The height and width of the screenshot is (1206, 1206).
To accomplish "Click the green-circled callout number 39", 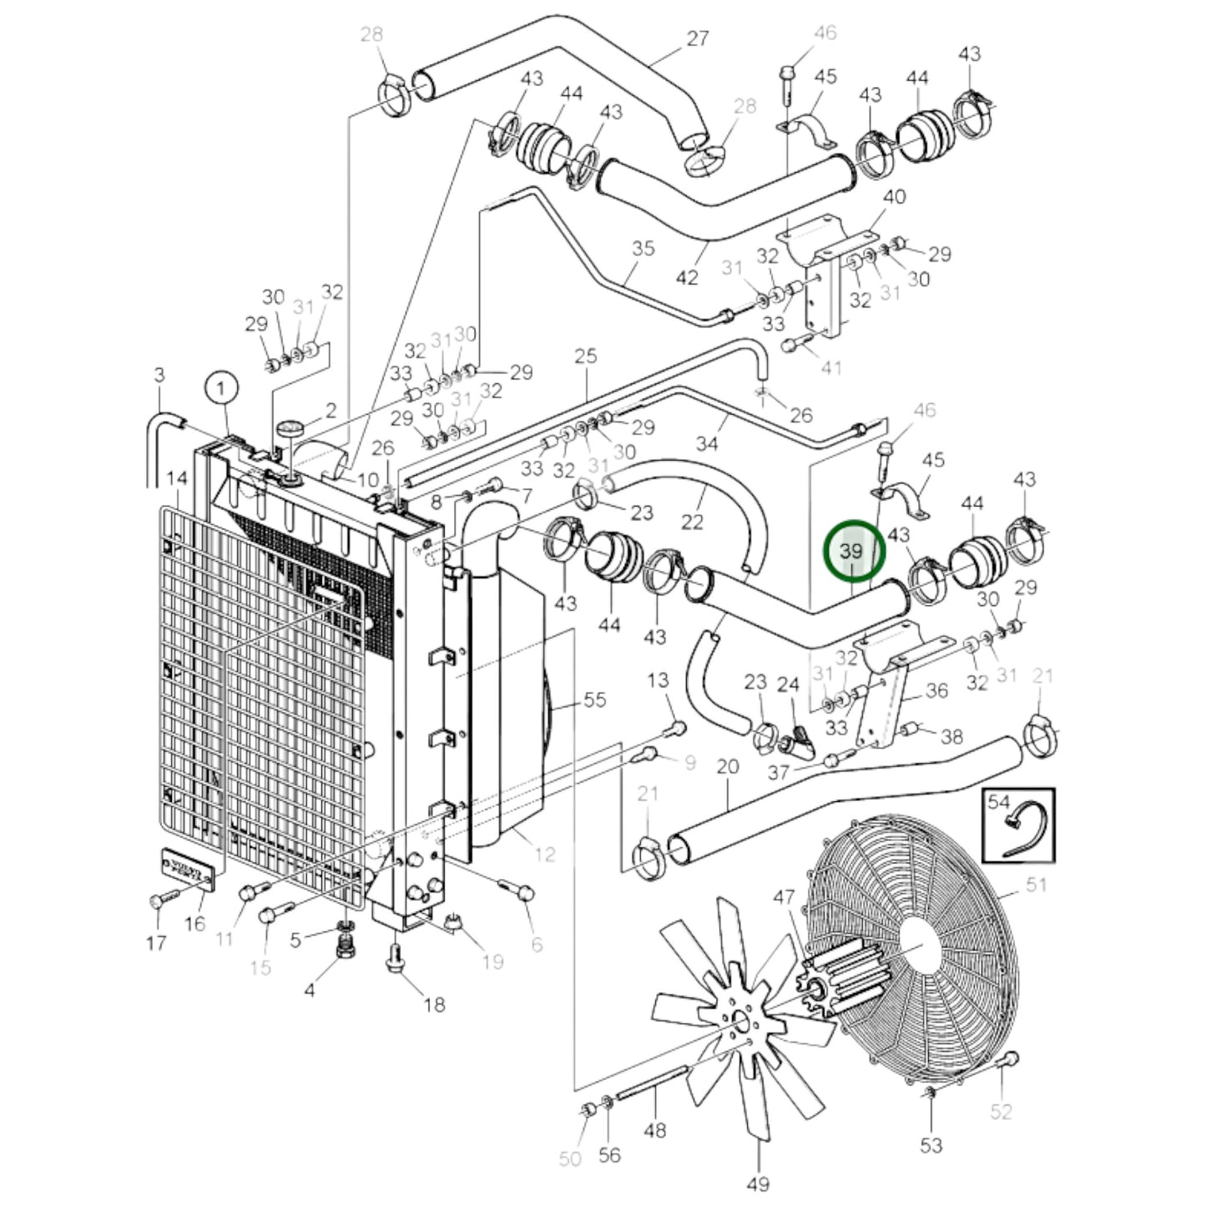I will (x=851, y=551).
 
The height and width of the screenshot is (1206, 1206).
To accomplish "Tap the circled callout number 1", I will (x=221, y=389).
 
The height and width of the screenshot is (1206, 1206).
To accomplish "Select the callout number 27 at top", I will (x=697, y=38).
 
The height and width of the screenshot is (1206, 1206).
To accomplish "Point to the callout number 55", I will (x=594, y=699).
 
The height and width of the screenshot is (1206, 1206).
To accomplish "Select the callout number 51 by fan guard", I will (x=1036, y=884).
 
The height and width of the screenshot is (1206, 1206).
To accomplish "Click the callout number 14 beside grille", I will (x=177, y=479).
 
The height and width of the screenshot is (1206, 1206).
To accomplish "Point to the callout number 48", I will (x=655, y=1130).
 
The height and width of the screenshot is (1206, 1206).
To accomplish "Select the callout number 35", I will (x=643, y=249).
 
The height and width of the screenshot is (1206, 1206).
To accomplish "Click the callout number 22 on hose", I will (x=692, y=522).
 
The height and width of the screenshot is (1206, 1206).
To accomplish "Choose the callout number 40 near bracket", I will (x=894, y=197).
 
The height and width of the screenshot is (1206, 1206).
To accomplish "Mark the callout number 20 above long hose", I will (x=728, y=766).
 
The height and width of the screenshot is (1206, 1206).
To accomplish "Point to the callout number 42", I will (x=686, y=277).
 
